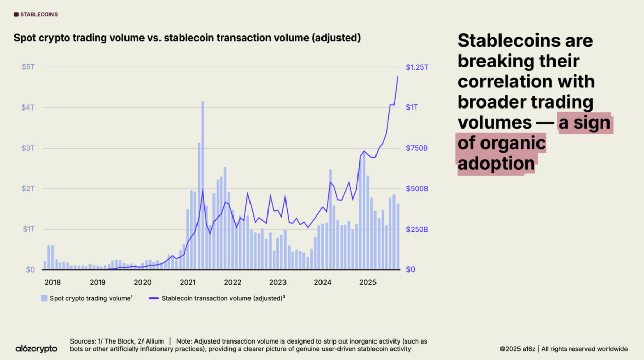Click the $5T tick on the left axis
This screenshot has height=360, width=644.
coord(28,67)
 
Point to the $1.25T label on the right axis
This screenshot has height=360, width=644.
coord(417,67)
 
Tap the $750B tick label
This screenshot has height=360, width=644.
coord(417,148)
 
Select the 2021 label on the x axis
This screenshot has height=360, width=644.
coord(188,282)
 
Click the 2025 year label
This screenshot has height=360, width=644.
coord(367,282)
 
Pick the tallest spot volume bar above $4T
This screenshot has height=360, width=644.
coord(203,185)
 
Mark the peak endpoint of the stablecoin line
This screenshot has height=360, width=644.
coord(398,76)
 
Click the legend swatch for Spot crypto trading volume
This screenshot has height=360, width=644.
coord(44,298)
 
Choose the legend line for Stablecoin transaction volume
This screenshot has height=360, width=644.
coord(153,298)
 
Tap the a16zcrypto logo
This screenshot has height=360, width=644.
coord(36,349)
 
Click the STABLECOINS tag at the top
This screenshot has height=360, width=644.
coord(36,15)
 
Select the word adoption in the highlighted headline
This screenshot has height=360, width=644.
coord(496,164)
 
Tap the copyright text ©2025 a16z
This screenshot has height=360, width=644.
coord(517,349)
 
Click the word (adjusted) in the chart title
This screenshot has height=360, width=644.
coord(336,38)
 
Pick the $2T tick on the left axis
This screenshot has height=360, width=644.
coord(28,189)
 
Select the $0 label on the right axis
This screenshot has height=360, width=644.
coord(410,269)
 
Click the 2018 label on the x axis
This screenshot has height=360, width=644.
coord(52,282)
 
